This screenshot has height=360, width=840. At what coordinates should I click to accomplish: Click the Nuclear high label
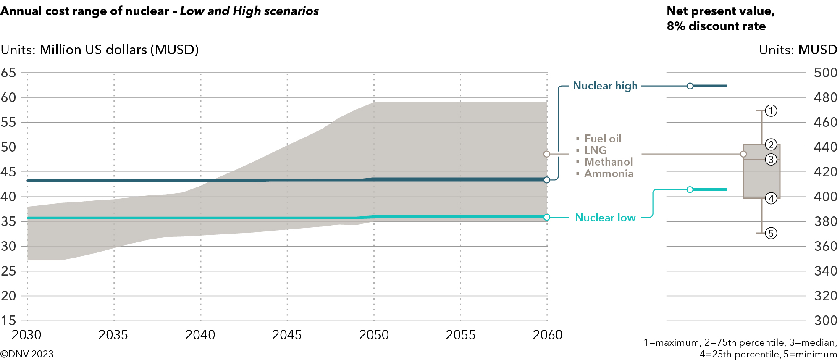pyautogui.click(x=605, y=86)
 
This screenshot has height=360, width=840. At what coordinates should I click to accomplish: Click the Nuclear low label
pyautogui.click(x=605, y=218)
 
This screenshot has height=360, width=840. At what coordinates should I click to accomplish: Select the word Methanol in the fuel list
pyautogui.click(x=608, y=162)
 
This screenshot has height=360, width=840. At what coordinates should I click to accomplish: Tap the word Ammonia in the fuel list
pyautogui.click(x=609, y=173)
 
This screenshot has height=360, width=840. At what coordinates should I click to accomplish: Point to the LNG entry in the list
pyautogui.click(x=595, y=150)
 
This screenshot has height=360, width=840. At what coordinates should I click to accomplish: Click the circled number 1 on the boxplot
pyautogui.click(x=771, y=111)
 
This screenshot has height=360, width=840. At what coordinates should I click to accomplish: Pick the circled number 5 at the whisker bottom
pyautogui.click(x=771, y=233)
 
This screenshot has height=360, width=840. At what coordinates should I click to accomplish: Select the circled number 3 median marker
pyautogui.click(x=771, y=160)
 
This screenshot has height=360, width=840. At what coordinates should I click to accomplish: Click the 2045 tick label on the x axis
pyautogui.click(x=287, y=335)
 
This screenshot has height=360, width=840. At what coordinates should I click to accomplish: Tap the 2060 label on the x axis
pyautogui.click(x=547, y=335)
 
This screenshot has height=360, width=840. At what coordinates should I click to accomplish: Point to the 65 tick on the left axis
pyautogui.click(x=8, y=73)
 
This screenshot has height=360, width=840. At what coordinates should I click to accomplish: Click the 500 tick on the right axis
pyautogui.click(x=825, y=73)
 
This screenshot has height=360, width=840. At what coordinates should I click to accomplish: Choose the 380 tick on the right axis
pyautogui.click(x=825, y=221)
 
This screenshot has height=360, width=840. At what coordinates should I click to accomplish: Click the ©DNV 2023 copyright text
pyautogui.click(x=27, y=354)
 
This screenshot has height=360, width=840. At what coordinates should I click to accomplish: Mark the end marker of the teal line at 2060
pyautogui.click(x=546, y=217)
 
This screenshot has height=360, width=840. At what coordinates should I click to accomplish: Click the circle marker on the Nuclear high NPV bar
pyautogui.click(x=690, y=86)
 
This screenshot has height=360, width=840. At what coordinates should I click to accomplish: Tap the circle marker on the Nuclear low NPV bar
pyautogui.click(x=690, y=189)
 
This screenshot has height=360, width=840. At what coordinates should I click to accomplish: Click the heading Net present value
pyautogui.click(x=720, y=11)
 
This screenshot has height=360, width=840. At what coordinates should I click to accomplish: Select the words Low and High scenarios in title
pyautogui.click(x=249, y=11)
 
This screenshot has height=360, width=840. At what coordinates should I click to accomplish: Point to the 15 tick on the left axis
pyautogui.click(x=8, y=321)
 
